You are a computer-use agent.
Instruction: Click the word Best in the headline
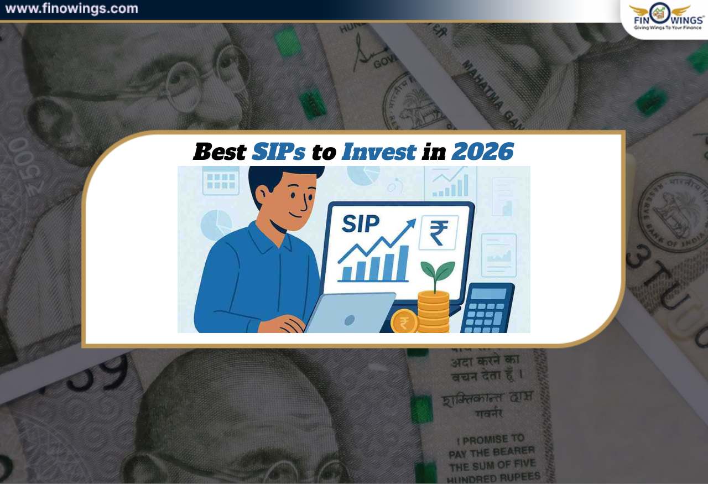[x=219, y=152]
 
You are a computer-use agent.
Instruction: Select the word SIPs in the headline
[x=278, y=152]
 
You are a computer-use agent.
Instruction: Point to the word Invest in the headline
[x=378, y=152]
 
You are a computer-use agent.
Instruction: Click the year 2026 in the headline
[x=482, y=152]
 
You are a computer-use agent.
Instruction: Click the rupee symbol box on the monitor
[x=438, y=232]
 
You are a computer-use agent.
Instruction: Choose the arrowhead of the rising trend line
[x=410, y=223]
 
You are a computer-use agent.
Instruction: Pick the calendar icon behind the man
[x=221, y=180]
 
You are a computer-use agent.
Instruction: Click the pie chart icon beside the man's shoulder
[x=216, y=224]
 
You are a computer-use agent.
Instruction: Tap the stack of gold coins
[x=434, y=313]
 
